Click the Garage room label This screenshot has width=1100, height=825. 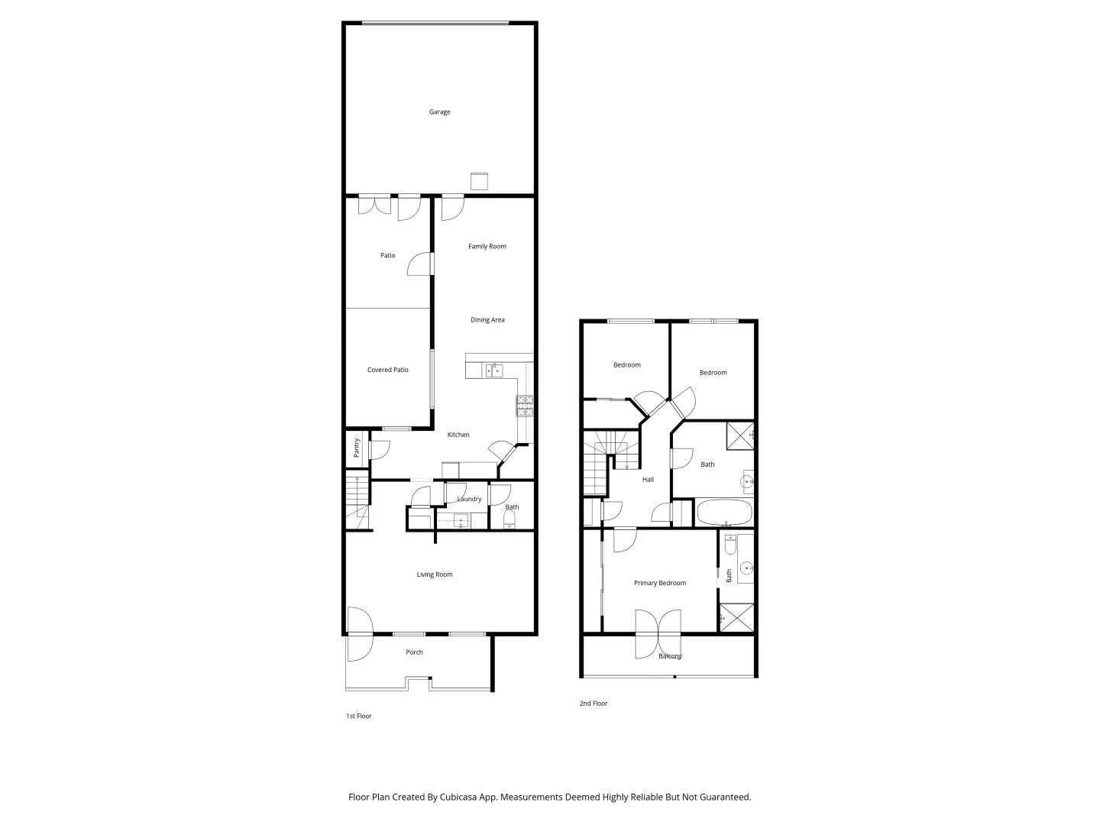[439, 112]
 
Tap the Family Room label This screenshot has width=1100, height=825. [487, 247]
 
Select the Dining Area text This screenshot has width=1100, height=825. [487, 320]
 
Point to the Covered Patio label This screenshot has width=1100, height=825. [388, 370]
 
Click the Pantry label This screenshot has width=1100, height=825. [357, 447]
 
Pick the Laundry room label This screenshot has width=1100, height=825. [469, 500]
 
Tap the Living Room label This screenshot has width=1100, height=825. [435, 575]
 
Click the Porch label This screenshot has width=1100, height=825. [414, 652]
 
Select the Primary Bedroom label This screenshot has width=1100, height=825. [660, 584]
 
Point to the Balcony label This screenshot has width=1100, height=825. [670, 656]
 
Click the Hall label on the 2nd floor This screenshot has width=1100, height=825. [648, 480]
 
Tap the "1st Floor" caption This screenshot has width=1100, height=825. [359, 717]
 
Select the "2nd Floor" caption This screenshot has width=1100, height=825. [594, 704]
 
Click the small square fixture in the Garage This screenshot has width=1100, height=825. [479, 182]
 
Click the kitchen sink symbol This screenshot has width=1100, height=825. [493, 371]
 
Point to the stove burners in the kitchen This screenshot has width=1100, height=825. [525, 406]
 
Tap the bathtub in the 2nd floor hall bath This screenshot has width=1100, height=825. [725, 512]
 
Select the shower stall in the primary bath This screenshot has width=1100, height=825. [736, 618]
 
